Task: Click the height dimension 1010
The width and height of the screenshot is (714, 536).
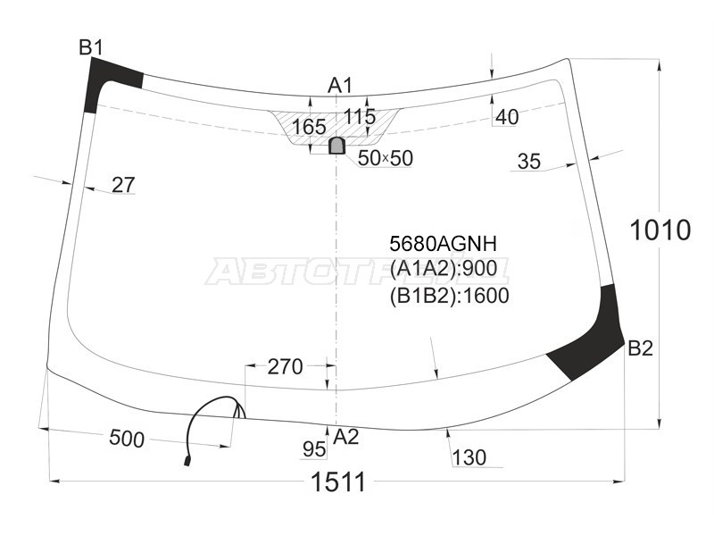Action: coord(660,230)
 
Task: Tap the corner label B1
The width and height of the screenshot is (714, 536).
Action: coord(91,47)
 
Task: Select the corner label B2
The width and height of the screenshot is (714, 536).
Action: coord(640,348)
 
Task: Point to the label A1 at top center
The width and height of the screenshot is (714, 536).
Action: coord(341,86)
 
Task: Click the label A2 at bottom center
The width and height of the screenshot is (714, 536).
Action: coord(345,437)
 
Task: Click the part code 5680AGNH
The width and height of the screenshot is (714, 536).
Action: coord(443,243)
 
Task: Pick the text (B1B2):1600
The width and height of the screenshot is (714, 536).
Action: coord(449,296)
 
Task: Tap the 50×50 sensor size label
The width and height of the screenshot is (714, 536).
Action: coord(386,158)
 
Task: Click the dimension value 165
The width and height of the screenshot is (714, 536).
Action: coord(309,127)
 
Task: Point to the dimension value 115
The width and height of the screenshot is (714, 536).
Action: coord(361,117)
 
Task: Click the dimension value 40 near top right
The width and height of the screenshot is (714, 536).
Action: coord(506,117)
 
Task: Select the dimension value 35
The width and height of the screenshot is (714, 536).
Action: coord(528,162)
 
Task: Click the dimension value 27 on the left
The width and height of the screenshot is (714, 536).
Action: coord(123,185)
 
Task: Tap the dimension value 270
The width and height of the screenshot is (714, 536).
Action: coord(286,366)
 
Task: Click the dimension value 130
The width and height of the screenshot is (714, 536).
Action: coord(469,457)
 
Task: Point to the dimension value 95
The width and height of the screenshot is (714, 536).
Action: coord(313,448)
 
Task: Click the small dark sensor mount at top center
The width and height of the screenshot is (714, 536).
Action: coord(336,145)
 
